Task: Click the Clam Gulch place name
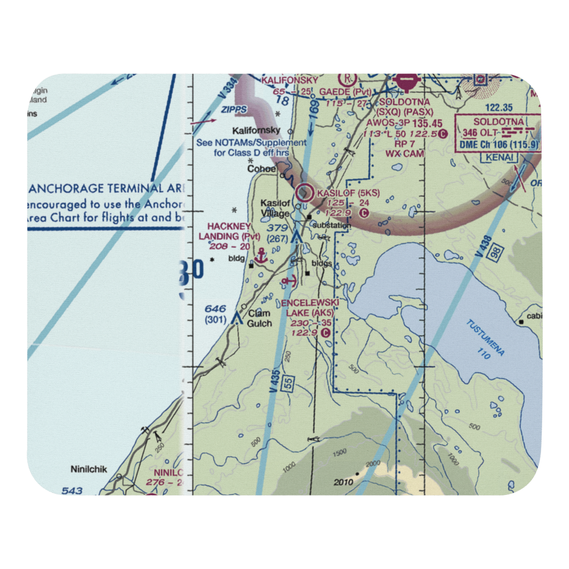tap(259, 319)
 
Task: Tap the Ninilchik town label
tap(89, 470)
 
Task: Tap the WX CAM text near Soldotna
tap(405, 153)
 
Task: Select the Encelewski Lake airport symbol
tap(289, 280)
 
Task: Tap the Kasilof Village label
tap(275, 208)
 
